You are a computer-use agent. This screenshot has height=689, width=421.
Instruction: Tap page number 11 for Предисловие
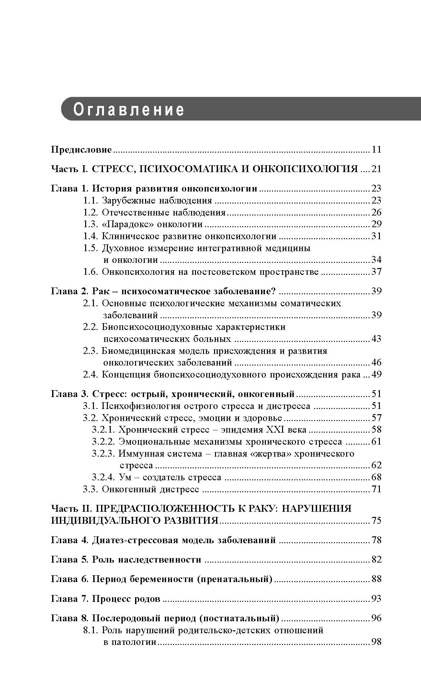377,150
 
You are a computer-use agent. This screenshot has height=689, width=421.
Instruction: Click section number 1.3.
91,224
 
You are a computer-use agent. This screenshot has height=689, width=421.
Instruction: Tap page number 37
376,272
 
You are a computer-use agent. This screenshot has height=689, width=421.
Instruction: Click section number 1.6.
91,272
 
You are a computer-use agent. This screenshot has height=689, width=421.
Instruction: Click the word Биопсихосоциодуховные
157,327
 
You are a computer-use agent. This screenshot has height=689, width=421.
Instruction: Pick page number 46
376,362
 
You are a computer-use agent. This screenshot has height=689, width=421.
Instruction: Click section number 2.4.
91,375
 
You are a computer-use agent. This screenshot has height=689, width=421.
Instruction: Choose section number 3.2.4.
103,477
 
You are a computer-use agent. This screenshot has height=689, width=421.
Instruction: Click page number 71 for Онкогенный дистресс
376,489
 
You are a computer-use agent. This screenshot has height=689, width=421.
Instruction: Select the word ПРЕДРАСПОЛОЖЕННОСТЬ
163,508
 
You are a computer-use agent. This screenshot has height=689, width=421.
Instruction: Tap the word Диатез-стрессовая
135,540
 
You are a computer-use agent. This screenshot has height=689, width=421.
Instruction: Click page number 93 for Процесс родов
376,599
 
